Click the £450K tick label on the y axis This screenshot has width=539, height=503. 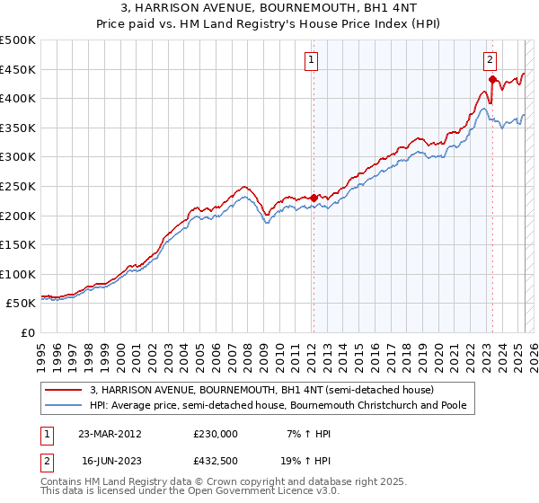click(x=18, y=69)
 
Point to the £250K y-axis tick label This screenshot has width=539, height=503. click(x=18, y=186)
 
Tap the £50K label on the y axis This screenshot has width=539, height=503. click(x=22, y=304)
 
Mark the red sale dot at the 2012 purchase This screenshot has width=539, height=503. click(x=314, y=198)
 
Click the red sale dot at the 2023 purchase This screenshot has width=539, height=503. click(x=492, y=79)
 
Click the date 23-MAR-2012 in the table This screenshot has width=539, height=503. click(x=110, y=434)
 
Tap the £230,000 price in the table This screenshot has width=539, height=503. click(x=216, y=434)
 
